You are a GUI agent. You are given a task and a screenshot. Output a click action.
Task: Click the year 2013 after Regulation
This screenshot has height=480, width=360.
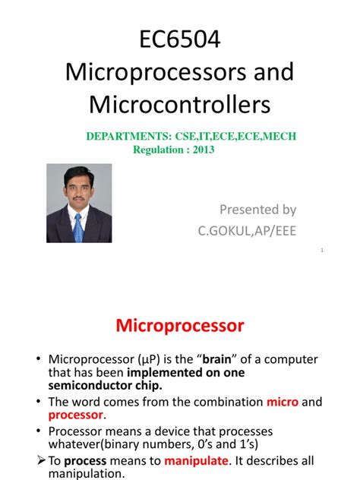pos(203,150)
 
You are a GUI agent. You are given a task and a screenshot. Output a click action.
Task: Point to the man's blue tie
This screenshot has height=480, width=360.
pos(78,226)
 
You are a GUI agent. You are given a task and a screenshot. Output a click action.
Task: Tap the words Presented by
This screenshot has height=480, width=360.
pos(257,209)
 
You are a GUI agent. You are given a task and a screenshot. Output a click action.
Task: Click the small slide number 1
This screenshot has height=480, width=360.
pos(322,251)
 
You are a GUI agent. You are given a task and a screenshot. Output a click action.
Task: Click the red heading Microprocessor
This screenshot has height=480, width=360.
pos(180,326)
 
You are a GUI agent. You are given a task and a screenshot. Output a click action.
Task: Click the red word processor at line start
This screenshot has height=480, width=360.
pos(74,415)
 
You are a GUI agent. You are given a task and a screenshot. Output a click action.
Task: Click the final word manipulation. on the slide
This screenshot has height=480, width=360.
pos(87,473)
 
